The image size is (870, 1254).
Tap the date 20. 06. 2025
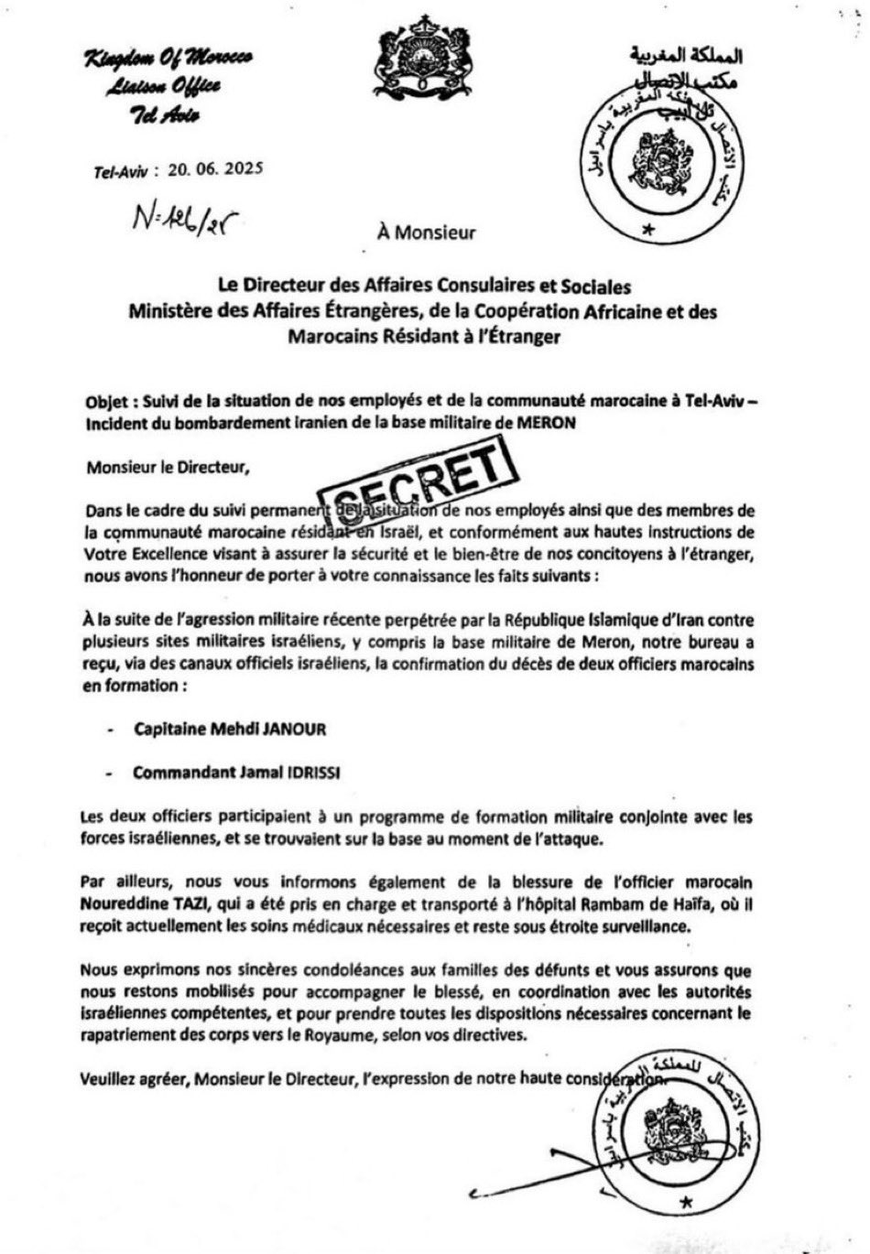(215, 168)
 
